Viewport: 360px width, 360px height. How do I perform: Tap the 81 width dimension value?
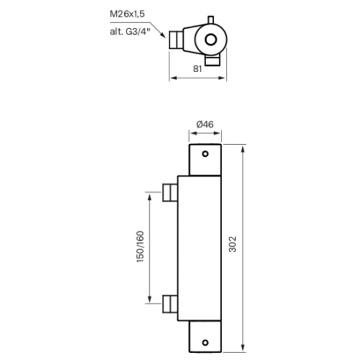pyautogui.click(x=198, y=70)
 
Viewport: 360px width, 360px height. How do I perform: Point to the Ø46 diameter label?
pyautogui.click(x=204, y=124)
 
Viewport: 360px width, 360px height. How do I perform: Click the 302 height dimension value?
pyautogui.click(x=232, y=246)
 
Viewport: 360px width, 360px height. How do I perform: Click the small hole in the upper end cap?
pyautogui.click(x=205, y=154)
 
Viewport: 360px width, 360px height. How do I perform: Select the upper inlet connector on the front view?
pyautogui.click(x=170, y=193)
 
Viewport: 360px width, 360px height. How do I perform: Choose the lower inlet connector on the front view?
pyautogui.click(x=170, y=304)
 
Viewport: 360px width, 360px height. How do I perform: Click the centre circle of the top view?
pyautogui.click(x=211, y=40)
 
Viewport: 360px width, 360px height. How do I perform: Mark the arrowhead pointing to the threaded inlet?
pyautogui.click(x=164, y=36)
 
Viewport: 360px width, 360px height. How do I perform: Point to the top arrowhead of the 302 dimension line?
pyautogui.click(x=243, y=148)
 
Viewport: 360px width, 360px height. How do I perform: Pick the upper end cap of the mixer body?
pyautogui.click(x=205, y=160)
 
